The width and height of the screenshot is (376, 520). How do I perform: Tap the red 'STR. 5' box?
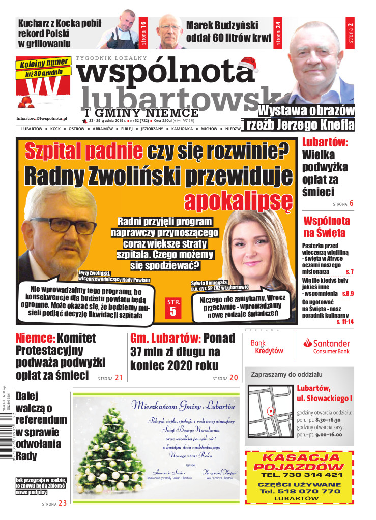click(172, 308)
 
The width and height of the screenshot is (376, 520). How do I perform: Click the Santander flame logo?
click(307, 344)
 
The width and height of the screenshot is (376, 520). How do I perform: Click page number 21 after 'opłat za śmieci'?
click(119, 377)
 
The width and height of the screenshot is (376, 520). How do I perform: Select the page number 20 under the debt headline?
click(233, 378)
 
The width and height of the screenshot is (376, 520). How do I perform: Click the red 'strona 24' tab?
click(278, 34)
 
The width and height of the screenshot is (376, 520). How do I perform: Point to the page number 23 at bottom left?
click(62, 503)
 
